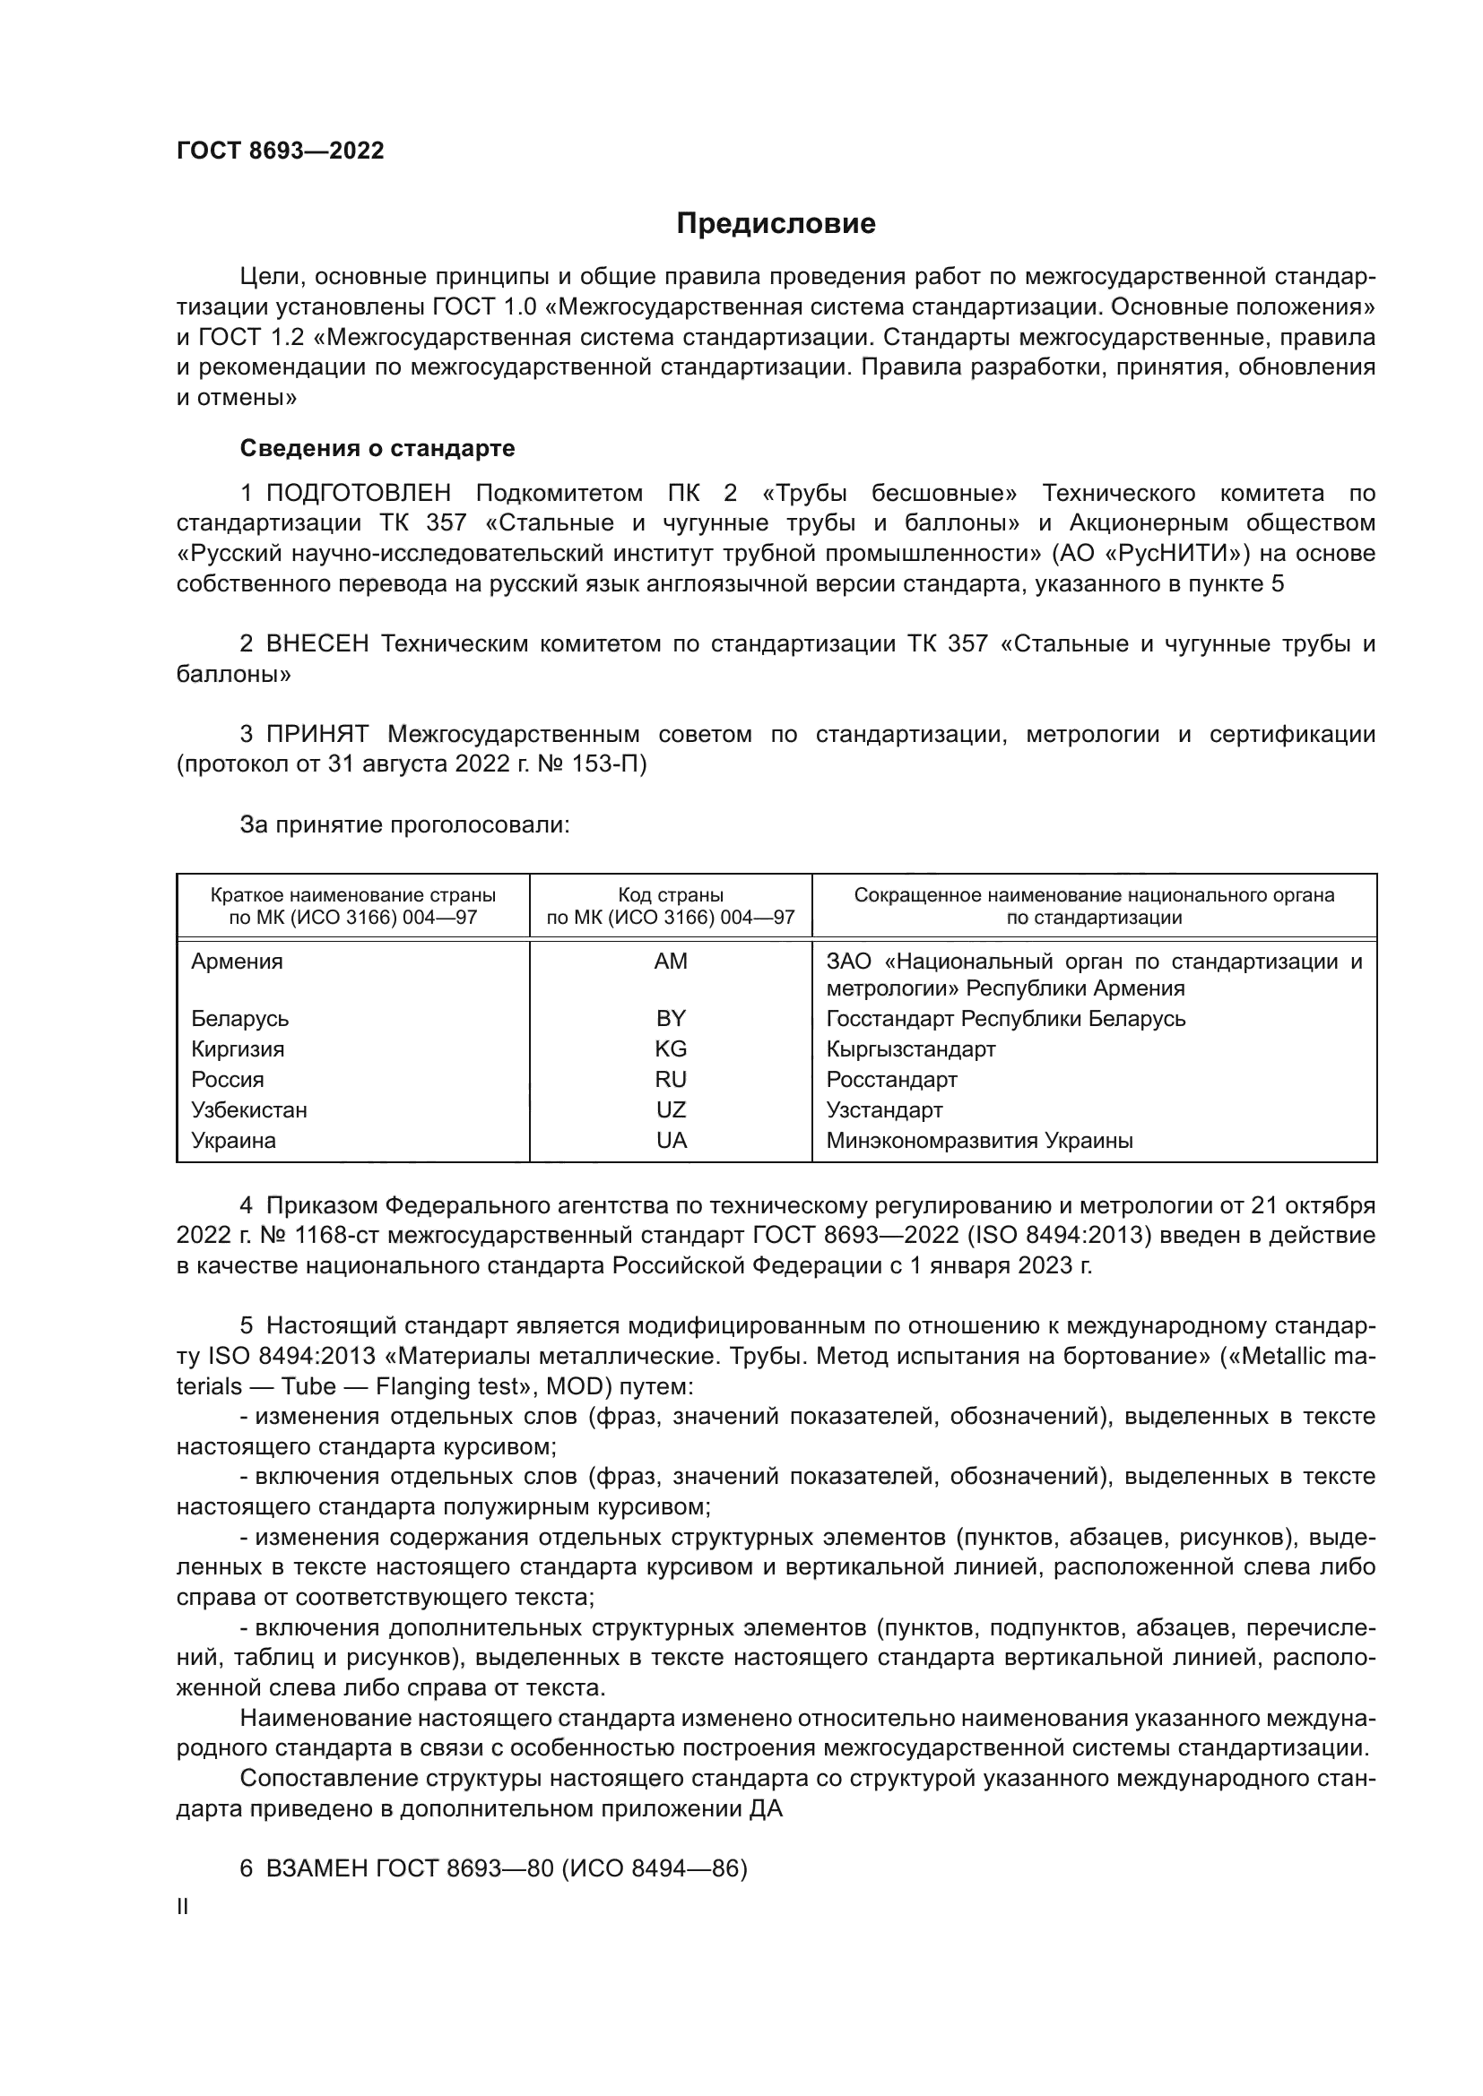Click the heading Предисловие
776,224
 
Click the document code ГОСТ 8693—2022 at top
281,151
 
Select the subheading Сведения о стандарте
377,448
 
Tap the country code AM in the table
671,962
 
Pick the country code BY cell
671,1019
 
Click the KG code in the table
671,1049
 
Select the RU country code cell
671,1080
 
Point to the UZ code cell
671,1110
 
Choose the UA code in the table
671,1140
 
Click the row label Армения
238,962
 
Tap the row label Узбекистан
249,1110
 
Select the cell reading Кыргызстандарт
910,1049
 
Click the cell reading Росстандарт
891,1080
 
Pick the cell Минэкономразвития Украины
979,1140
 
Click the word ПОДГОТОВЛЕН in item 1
359,494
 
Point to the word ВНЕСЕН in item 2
317,644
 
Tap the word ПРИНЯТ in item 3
317,734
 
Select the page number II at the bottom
183,1906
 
